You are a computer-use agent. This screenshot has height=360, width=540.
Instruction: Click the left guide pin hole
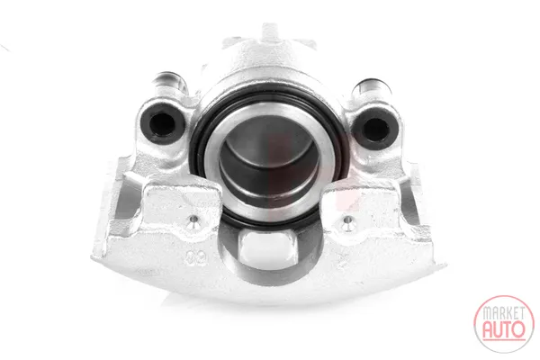[x=162, y=123]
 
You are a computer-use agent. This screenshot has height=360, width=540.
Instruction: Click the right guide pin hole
[x=375, y=130]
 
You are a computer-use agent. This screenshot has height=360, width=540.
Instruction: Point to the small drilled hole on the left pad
[x=193, y=219]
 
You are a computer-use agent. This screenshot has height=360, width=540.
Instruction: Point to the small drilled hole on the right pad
[x=347, y=220]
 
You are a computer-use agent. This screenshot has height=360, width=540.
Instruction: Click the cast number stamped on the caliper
[x=196, y=257]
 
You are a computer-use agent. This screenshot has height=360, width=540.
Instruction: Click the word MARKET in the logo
[x=504, y=313]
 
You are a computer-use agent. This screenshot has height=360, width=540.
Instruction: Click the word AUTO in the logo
[x=504, y=329]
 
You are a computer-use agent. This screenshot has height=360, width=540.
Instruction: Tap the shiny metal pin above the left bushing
[x=170, y=83]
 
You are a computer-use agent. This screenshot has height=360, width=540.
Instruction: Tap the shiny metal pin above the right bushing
[x=371, y=88]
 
